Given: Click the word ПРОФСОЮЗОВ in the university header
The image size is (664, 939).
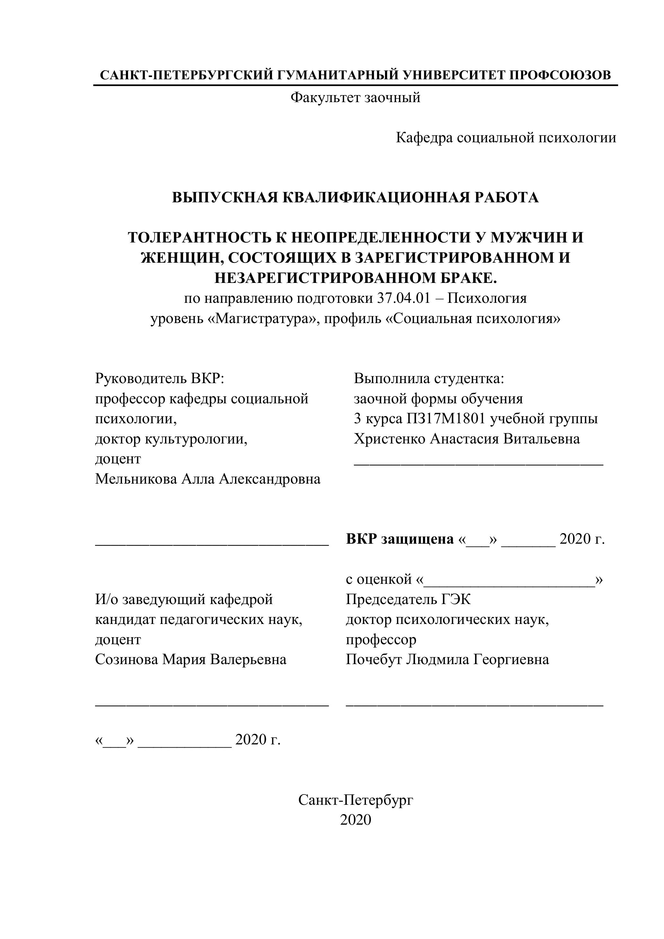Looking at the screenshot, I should coord(560,75).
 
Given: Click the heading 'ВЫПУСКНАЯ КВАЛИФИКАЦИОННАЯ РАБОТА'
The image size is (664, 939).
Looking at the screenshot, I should coord(355,197).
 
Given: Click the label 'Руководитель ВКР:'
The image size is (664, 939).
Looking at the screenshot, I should coord(160,378).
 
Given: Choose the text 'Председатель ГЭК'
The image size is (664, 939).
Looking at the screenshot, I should coord(408,600).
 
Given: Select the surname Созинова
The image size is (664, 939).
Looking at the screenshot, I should coord(127,659).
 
